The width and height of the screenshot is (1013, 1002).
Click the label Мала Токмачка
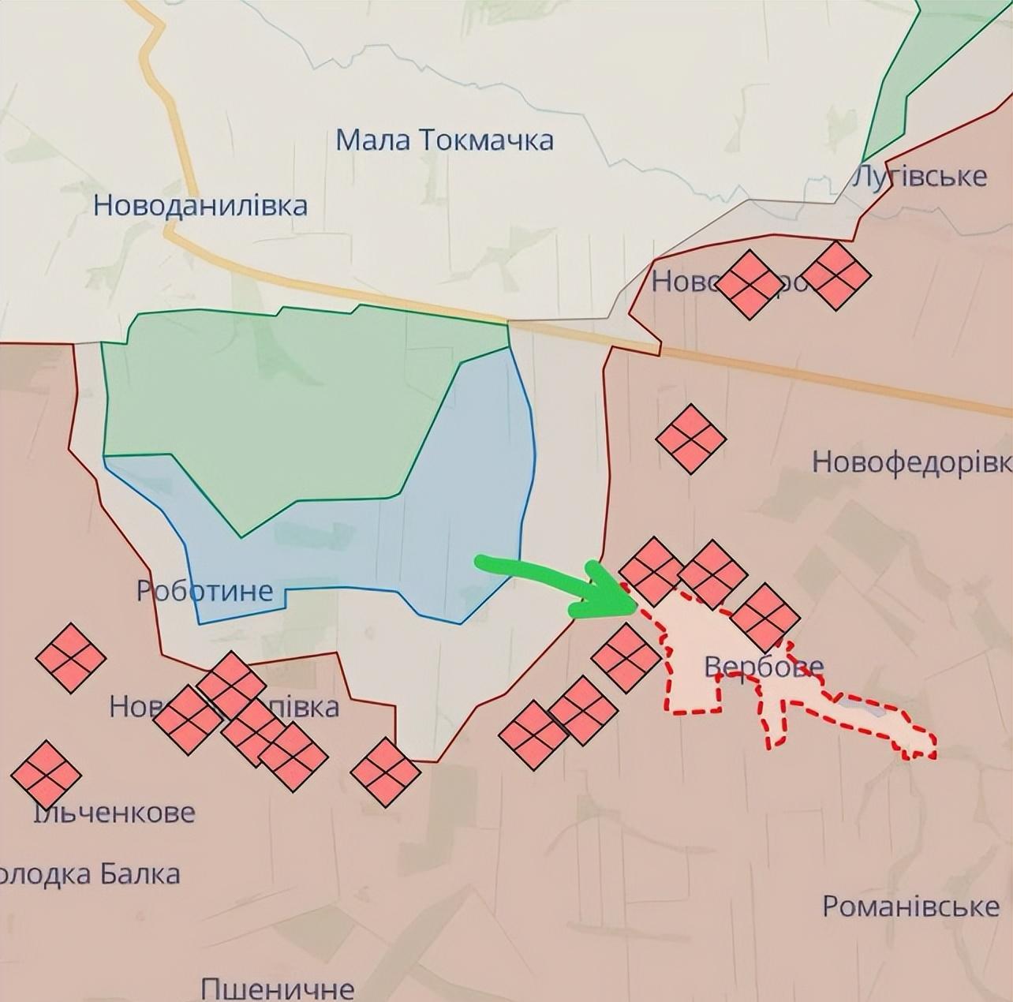point(444,140)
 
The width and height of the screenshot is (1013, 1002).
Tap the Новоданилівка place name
point(200,205)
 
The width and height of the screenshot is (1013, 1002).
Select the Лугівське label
point(920,176)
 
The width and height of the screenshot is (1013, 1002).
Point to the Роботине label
point(205,590)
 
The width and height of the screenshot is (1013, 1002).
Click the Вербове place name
point(764,667)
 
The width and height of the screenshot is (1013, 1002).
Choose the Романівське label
point(910,906)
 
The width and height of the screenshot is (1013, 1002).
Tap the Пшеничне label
point(277,988)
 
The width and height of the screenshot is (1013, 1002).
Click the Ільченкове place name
point(115,812)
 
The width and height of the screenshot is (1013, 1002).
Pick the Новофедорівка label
point(911,462)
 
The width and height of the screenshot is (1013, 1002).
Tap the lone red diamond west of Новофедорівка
point(690,439)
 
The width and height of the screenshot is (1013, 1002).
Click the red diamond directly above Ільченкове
point(46,774)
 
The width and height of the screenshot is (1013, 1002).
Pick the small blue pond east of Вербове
point(860,706)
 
